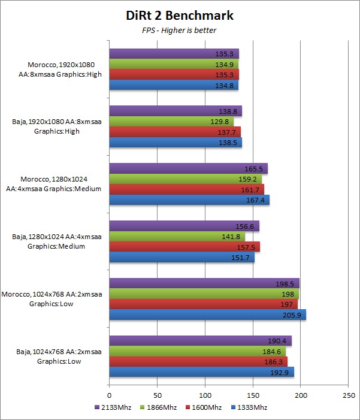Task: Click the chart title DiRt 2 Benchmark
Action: click(x=180, y=15)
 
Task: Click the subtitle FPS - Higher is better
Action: click(x=180, y=31)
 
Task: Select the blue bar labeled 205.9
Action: click(x=207, y=315)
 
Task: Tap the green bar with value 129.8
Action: click(x=171, y=121)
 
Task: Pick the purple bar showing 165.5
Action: click(x=188, y=168)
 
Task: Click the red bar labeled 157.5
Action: click(x=184, y=247)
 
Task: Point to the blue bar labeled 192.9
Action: click(x=201, y=372)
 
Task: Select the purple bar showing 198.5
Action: click(x=204, y=283)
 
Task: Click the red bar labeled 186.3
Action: click(x=198, y=362)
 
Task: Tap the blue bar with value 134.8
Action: click(x=174, y=86)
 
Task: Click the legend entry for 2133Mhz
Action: click(x=111, y=407)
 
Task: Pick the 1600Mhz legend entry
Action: click(x=200, y=407)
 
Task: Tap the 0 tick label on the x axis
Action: click(x=109, y=396)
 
